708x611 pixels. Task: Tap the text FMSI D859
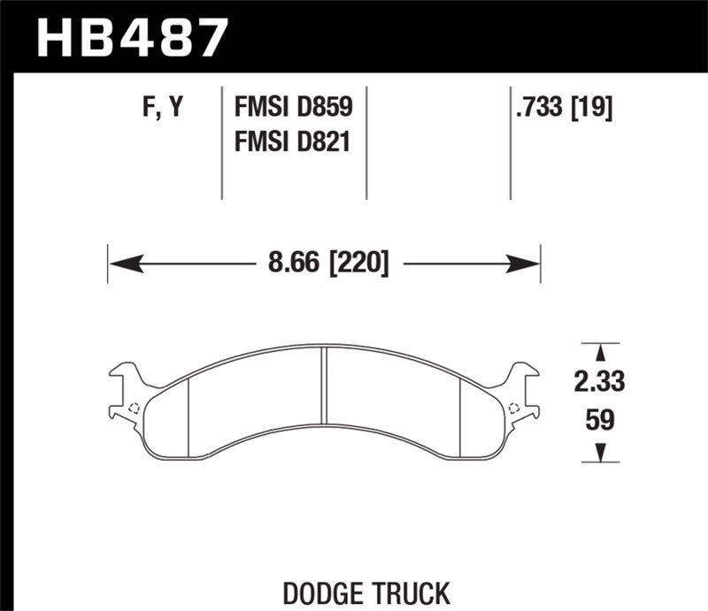point(293,108)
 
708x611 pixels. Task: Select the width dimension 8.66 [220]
point(324,263)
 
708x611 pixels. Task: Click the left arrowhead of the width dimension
point(120,263)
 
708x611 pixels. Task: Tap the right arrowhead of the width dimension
point(528,263)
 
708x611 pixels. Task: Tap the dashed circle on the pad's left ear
point(134,408)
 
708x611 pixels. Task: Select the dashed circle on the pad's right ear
point(514,408)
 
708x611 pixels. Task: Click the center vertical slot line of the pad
point(325,402)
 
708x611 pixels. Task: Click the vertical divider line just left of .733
point(511,141)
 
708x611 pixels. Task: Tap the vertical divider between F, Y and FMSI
point(221,141)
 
